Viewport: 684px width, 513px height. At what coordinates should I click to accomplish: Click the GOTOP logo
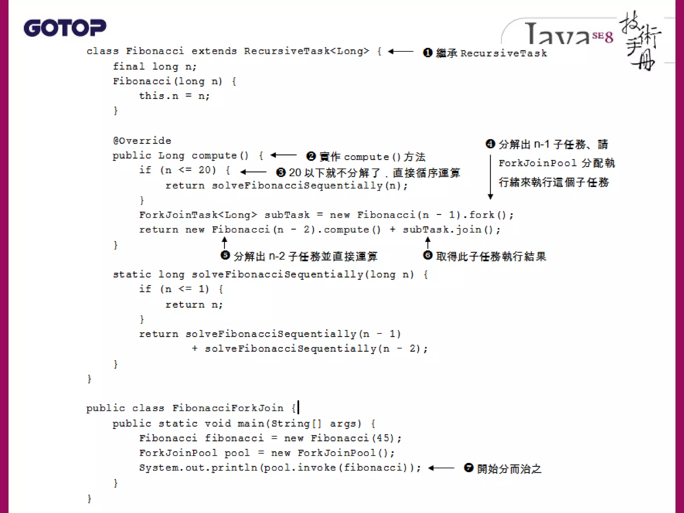tap(65, 28)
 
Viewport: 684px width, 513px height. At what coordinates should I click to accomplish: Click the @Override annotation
tap(142, 141)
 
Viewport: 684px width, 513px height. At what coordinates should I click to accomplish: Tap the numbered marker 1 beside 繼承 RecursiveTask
tap(427, 53)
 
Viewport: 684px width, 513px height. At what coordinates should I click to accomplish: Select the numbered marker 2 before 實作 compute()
tap(311, 156)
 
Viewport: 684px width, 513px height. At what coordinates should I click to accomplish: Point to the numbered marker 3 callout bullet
tap(281, 172)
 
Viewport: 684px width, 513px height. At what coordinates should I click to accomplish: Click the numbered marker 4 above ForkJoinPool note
tap(490, 144)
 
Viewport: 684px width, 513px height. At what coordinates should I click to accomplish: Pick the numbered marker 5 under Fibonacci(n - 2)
tap(225, 255)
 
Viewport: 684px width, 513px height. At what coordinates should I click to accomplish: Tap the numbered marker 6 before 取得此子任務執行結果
tap(427, 255)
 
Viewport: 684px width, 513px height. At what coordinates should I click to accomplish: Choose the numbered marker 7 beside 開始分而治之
tap(469, 468)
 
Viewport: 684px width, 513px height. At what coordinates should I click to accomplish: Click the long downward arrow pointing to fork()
tap(490, 177)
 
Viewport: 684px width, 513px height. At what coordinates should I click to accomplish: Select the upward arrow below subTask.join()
tap(428, 242)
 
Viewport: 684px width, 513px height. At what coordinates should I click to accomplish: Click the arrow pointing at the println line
tap(441, 468)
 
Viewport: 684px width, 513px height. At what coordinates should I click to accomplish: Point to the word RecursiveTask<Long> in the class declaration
tap(306, 51)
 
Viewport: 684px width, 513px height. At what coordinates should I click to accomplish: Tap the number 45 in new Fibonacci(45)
tap(382, 438)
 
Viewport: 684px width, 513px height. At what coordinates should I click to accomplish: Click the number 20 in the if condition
tap(205, 170)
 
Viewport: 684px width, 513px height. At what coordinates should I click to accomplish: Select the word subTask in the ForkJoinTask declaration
tap(287, 215)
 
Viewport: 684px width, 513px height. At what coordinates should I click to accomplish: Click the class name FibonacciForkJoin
tap(228, 408)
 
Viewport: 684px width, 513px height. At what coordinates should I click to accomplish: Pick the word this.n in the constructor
tap(159, 96)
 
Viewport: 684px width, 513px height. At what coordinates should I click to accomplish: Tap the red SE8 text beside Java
tap(603, 37)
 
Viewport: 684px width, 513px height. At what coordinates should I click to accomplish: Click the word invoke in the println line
tap(317, 468)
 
